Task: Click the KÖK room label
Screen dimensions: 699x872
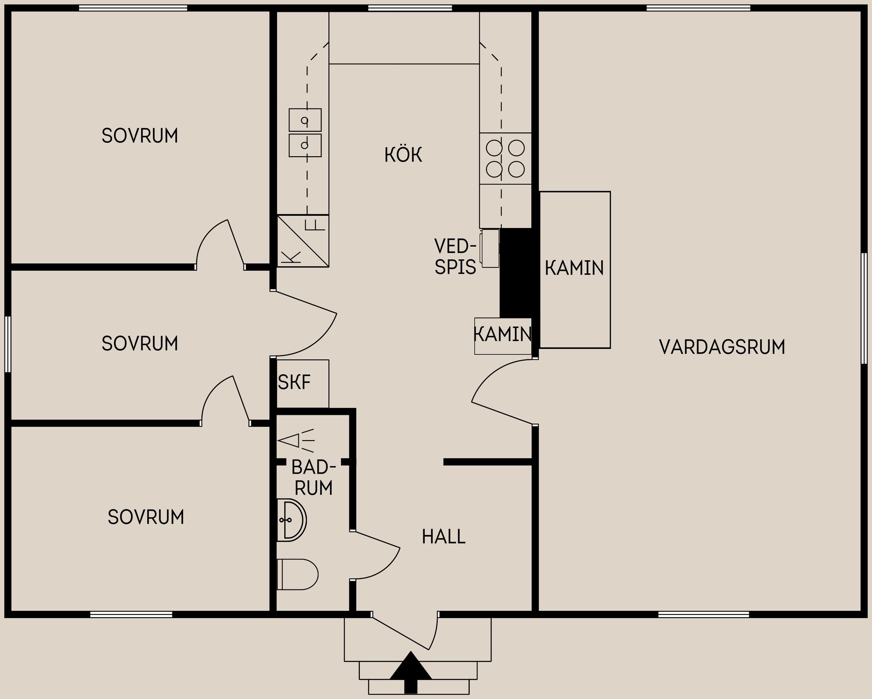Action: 403,155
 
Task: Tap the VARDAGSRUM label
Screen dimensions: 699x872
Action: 722,347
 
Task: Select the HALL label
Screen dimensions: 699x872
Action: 443,537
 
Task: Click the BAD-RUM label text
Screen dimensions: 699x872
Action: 313,478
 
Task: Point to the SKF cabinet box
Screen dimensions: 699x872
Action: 302,383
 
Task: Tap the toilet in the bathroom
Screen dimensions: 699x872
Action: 297,574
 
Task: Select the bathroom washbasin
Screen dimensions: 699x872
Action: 291,520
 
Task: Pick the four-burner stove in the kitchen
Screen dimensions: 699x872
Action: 505,159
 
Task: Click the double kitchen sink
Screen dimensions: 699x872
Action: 305,133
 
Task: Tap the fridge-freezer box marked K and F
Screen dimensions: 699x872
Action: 303,241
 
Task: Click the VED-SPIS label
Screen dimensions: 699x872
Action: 455,257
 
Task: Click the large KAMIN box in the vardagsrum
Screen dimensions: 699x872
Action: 575,270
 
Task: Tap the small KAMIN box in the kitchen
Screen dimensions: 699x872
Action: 503,336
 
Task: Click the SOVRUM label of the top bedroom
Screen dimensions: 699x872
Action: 139,136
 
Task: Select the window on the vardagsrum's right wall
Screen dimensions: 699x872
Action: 864,308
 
